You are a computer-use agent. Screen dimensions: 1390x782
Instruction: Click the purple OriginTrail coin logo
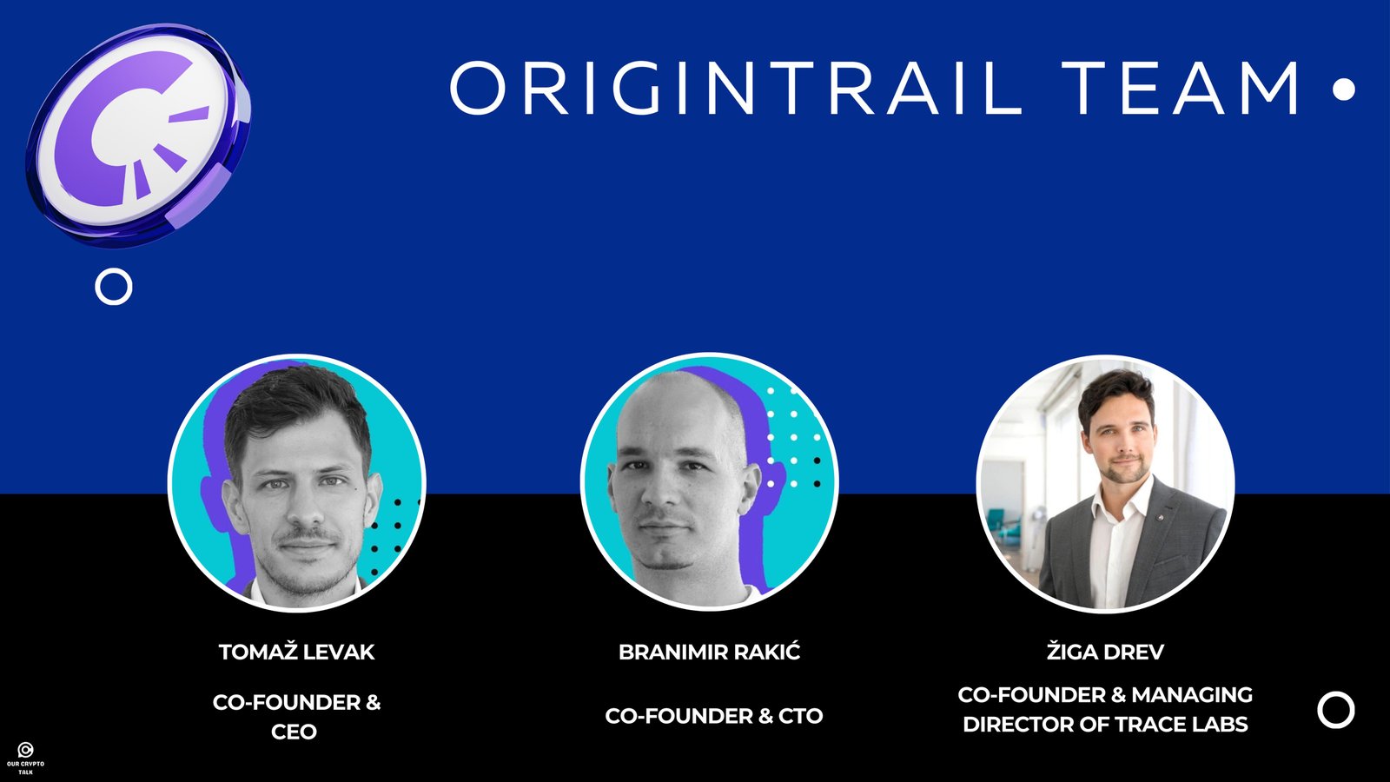pyautogui.click(x=138, y=136)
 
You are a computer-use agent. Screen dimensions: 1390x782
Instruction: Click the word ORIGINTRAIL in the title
pyautogui.click(x=736, y=88)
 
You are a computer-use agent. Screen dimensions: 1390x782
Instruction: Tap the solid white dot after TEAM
pyautogui.click(x=1343, y=89)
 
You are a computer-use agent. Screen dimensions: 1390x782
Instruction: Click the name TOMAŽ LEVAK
pyautogui.click(x=296, y=652)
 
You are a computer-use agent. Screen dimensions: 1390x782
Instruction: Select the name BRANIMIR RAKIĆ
pyautogui.click(x=709, y=652)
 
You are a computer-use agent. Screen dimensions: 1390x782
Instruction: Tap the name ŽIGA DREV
pyautogui.click(x=1105, y=652)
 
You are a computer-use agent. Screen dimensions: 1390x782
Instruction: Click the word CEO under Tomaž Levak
pyautogui.click(x=295, y=732)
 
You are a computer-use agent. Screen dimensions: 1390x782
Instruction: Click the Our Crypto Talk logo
pyautogui.click(x=25, y=758)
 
